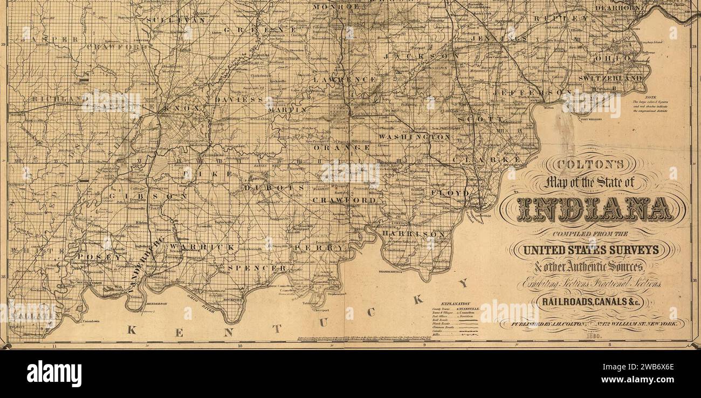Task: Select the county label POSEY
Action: coord(99,257)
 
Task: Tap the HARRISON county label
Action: coord(417,234)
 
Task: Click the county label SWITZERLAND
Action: coord(610,78)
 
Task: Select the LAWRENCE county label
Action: coord(345,79)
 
